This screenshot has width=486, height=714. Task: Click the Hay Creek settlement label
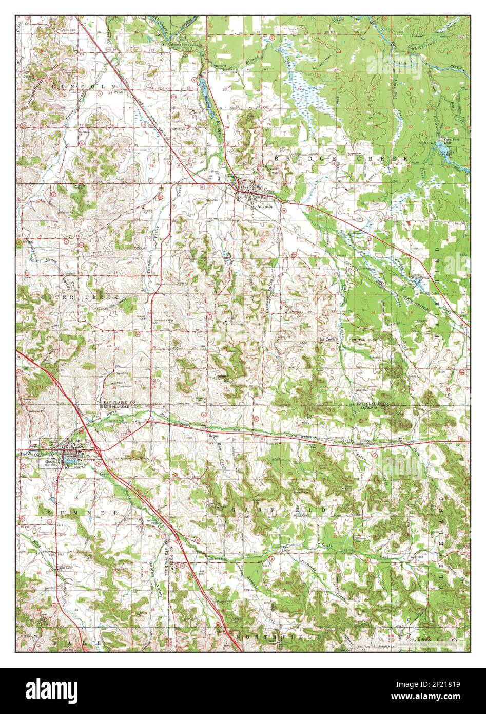326,340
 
